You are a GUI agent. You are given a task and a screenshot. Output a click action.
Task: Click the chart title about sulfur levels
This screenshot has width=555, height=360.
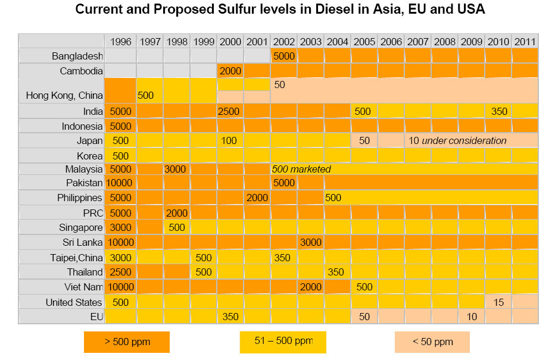(x=280, y=10)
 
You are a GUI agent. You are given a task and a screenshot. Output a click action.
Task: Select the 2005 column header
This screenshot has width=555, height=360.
(x=364, y=42)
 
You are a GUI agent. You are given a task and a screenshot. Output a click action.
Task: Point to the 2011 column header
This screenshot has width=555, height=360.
(x=525, y=42)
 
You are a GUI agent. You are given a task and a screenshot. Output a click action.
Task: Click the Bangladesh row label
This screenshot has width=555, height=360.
(x=77, y=57)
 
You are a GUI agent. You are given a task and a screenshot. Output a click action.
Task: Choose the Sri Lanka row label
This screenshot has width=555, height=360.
(x=82, y=242)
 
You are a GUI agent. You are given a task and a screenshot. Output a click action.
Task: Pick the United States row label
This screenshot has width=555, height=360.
(x=74, y=302)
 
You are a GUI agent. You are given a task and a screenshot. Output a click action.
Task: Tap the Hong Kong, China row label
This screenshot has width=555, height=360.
(x=64, y=95)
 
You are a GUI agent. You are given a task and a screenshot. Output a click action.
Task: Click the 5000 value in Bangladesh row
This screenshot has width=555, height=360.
(x=284, y=57)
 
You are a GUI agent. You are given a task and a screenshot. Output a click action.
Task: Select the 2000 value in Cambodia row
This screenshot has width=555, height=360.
(x=230, y=71)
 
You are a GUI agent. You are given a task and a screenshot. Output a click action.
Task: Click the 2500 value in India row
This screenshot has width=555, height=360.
(x=230, y=111)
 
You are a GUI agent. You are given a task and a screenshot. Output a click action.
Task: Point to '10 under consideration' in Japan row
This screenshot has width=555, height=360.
(x=457, y=140)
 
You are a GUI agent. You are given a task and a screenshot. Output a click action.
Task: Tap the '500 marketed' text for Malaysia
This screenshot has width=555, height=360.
(x=301, y=169)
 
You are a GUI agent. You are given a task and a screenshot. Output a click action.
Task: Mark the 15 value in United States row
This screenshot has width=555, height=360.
(x=498, y=302)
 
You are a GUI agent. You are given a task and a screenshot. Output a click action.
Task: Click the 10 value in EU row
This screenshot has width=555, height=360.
(x=472, y=317)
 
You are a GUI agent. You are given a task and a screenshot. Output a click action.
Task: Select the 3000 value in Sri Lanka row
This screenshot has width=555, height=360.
(x=311, y=242)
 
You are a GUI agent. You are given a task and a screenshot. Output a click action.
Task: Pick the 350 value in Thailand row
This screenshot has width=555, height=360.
(x=336, y=272)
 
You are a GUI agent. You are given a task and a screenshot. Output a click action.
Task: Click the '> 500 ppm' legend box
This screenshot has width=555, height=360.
(x=127, y=342)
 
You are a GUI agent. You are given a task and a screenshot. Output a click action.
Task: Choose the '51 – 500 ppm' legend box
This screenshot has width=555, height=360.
(x=283, y=342)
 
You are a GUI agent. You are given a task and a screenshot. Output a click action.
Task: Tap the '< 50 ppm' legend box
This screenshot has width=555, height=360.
(x=432, y=342)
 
